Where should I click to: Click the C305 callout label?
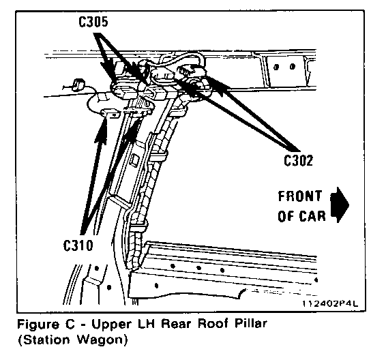93,22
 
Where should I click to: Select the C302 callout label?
298,161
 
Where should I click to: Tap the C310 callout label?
78,245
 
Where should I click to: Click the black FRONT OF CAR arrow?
340,205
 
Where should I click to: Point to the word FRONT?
300,196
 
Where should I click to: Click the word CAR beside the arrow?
312,216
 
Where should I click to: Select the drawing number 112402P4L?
330,303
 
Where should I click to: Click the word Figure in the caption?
38,325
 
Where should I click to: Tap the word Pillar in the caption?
251,323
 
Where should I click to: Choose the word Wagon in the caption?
100,340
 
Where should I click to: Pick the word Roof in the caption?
213,323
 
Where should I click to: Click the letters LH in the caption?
145,323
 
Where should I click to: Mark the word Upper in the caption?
111,325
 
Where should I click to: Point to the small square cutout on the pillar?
134,159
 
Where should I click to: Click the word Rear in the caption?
176,323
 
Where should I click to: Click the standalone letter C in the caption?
70,324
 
